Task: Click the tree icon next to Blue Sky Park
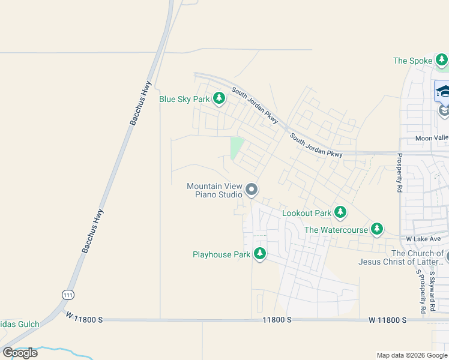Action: pos(219,98)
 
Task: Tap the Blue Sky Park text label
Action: pos(184,99)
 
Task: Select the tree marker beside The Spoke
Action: pos(442,60)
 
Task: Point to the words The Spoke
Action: pos(412,61)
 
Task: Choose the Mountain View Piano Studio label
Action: pos(214,190)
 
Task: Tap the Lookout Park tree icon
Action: pos(340,212)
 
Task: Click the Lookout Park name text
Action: pos(307,213)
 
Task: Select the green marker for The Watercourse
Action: pos(376,229)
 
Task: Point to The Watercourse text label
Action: pos(334,230)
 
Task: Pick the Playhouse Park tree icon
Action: pos(260,254)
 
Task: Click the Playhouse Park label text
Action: pos(221,255)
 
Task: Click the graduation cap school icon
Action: pos(443,91)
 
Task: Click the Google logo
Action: pos(20,352)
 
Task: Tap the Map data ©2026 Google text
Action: pos(411,355)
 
